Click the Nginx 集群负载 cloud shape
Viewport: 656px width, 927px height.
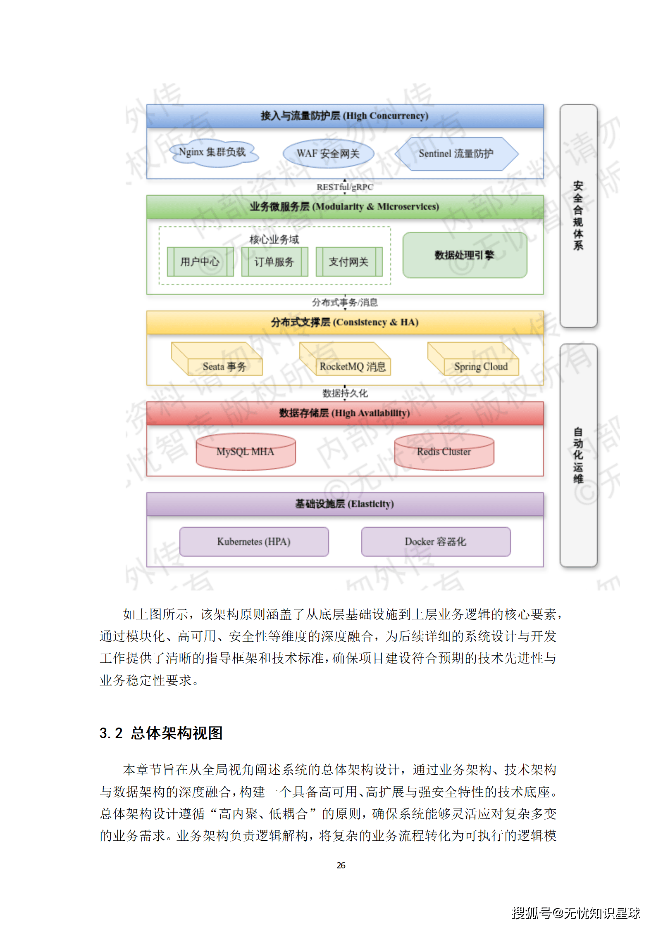[x=213, y=153]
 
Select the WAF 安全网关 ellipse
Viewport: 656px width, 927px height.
[x=328, y=154]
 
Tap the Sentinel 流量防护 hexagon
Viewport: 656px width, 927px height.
[x=456, y=154]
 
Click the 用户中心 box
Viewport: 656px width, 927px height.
[x=200, y=261]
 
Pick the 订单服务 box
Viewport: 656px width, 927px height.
[x=274, y=261]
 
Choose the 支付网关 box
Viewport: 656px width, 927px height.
[x=349, y=261]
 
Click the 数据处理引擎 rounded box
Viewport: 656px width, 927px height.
[x=465, y=255]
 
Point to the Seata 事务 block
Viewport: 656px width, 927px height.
[x=224, y=366]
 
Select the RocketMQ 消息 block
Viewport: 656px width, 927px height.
[x=353, y=366]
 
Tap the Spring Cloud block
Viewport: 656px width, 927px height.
[x=481, y=366]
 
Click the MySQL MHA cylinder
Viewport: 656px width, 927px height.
[x=246, y=452]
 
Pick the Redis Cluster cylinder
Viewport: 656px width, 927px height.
[x=444, y=452]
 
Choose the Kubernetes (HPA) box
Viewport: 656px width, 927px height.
[x=254, y=541]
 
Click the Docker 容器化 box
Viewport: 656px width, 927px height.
[x=436, y=541]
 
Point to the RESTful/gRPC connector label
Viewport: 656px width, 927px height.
[x=345, y=187]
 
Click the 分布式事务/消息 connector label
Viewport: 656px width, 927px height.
[x=345, y=302]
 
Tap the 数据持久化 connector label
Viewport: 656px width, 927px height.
[x=345, y=393]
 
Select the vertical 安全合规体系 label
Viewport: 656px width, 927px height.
[x=578, y=216]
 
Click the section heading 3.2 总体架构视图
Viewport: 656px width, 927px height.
[x=161, y=733]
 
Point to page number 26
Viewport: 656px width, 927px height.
[x=341, y=865]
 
